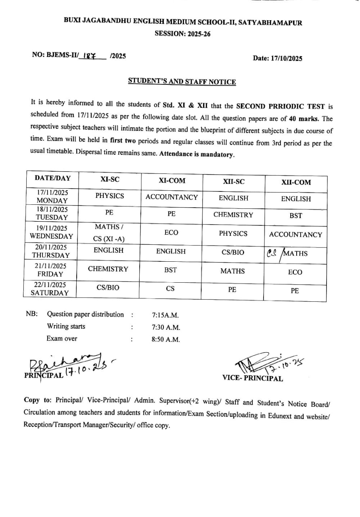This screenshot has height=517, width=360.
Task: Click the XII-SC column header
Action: (x=233, y=181)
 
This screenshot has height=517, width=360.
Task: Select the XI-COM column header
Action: (x=172, y=181)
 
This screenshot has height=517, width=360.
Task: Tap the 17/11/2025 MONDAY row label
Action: (x=52, y=196)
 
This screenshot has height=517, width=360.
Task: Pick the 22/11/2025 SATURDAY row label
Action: (x=50, y=289)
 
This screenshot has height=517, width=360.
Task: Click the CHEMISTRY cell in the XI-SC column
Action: (x=108, y=269)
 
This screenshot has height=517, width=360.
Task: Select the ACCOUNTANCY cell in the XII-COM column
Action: (x=295, y=234)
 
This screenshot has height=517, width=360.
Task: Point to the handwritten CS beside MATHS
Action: (x=272, y=253)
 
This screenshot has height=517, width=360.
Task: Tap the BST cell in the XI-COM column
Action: (x=170, y=270)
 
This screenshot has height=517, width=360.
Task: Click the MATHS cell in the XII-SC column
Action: (x=232, y=271)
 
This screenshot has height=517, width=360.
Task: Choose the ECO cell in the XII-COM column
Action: (x=295, y=272)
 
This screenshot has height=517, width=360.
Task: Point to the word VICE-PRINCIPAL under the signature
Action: (x=253, y=378)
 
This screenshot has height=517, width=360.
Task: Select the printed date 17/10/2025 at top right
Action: (x=277, y=59)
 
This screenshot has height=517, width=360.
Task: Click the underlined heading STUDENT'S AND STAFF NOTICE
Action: (x=182, y=82)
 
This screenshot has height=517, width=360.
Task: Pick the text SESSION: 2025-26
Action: (x=182, y=34)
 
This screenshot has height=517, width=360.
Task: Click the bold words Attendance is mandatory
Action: (x=197, y=154)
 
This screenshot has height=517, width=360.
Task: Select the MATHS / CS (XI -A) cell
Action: (x=109, y=233)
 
